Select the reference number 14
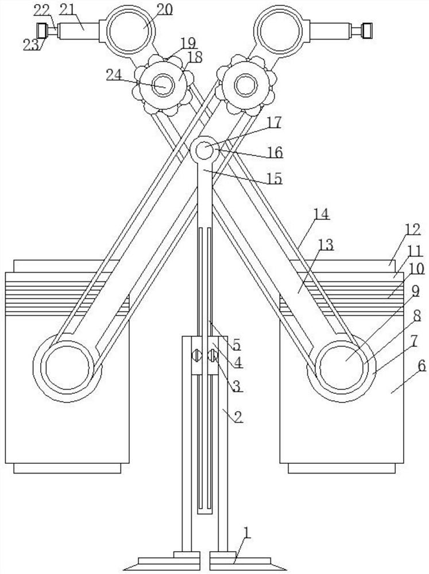point(321,215)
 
